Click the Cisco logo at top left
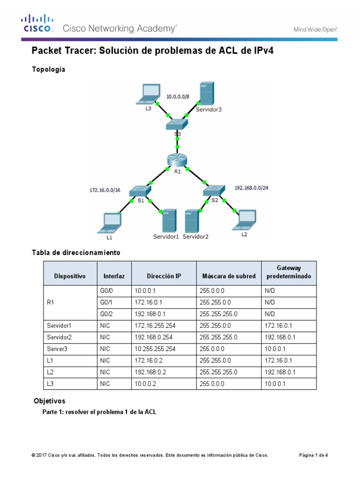tap(37, 23)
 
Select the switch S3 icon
tap(177, 124)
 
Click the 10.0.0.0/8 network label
tap(178, 97)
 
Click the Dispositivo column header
tap(70, 276)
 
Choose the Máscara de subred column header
tap(229, 276)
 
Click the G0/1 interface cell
tap(106, 303)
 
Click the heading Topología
tap(48, 69)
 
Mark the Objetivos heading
tap(50, 401)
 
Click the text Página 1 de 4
tap(314, 455)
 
